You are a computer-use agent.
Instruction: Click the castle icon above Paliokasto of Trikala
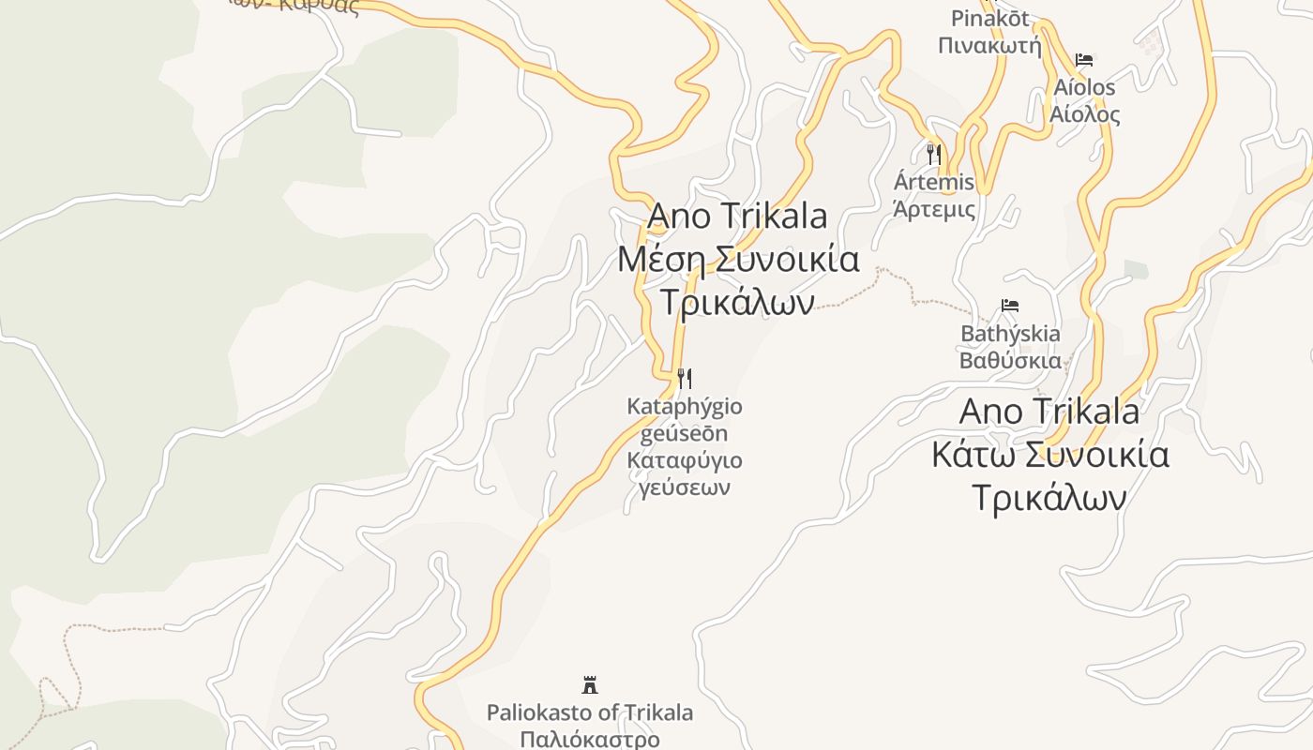coord(590,684)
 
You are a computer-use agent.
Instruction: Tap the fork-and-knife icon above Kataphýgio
coord(685,379)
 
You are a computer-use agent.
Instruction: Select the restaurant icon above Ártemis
coord(933,154)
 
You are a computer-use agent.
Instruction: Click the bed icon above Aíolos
coord(1084,60)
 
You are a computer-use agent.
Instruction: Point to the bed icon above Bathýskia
coord(1010,306)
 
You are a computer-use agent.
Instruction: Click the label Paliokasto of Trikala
coord(590,712)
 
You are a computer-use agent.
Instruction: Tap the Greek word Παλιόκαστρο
coord(590,739)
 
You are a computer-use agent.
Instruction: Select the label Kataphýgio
coord(685,407)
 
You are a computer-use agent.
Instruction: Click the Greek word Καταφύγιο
coord(685,460)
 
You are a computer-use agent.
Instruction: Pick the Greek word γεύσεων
coord(685,487)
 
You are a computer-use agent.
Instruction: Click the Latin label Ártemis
coord(934,182)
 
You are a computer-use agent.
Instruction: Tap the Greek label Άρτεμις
coord(934,209)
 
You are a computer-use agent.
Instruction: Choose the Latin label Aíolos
coord(1084,87)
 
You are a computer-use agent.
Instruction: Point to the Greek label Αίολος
coord(1084,114)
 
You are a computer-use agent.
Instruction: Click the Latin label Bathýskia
coord(1010,334)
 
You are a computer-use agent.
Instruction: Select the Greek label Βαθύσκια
coord(1010,361)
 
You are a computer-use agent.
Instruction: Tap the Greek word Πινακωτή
coord(990,45)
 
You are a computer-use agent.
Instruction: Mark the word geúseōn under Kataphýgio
coord(685,433)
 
